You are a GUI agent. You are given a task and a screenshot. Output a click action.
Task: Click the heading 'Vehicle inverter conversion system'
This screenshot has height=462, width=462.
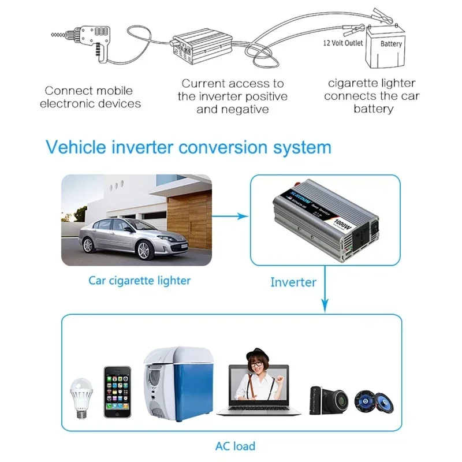[188, 147]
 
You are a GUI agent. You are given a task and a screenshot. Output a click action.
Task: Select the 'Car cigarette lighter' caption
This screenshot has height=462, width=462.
[139, 281]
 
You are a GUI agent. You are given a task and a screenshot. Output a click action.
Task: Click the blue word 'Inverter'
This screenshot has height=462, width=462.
[293, 282]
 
